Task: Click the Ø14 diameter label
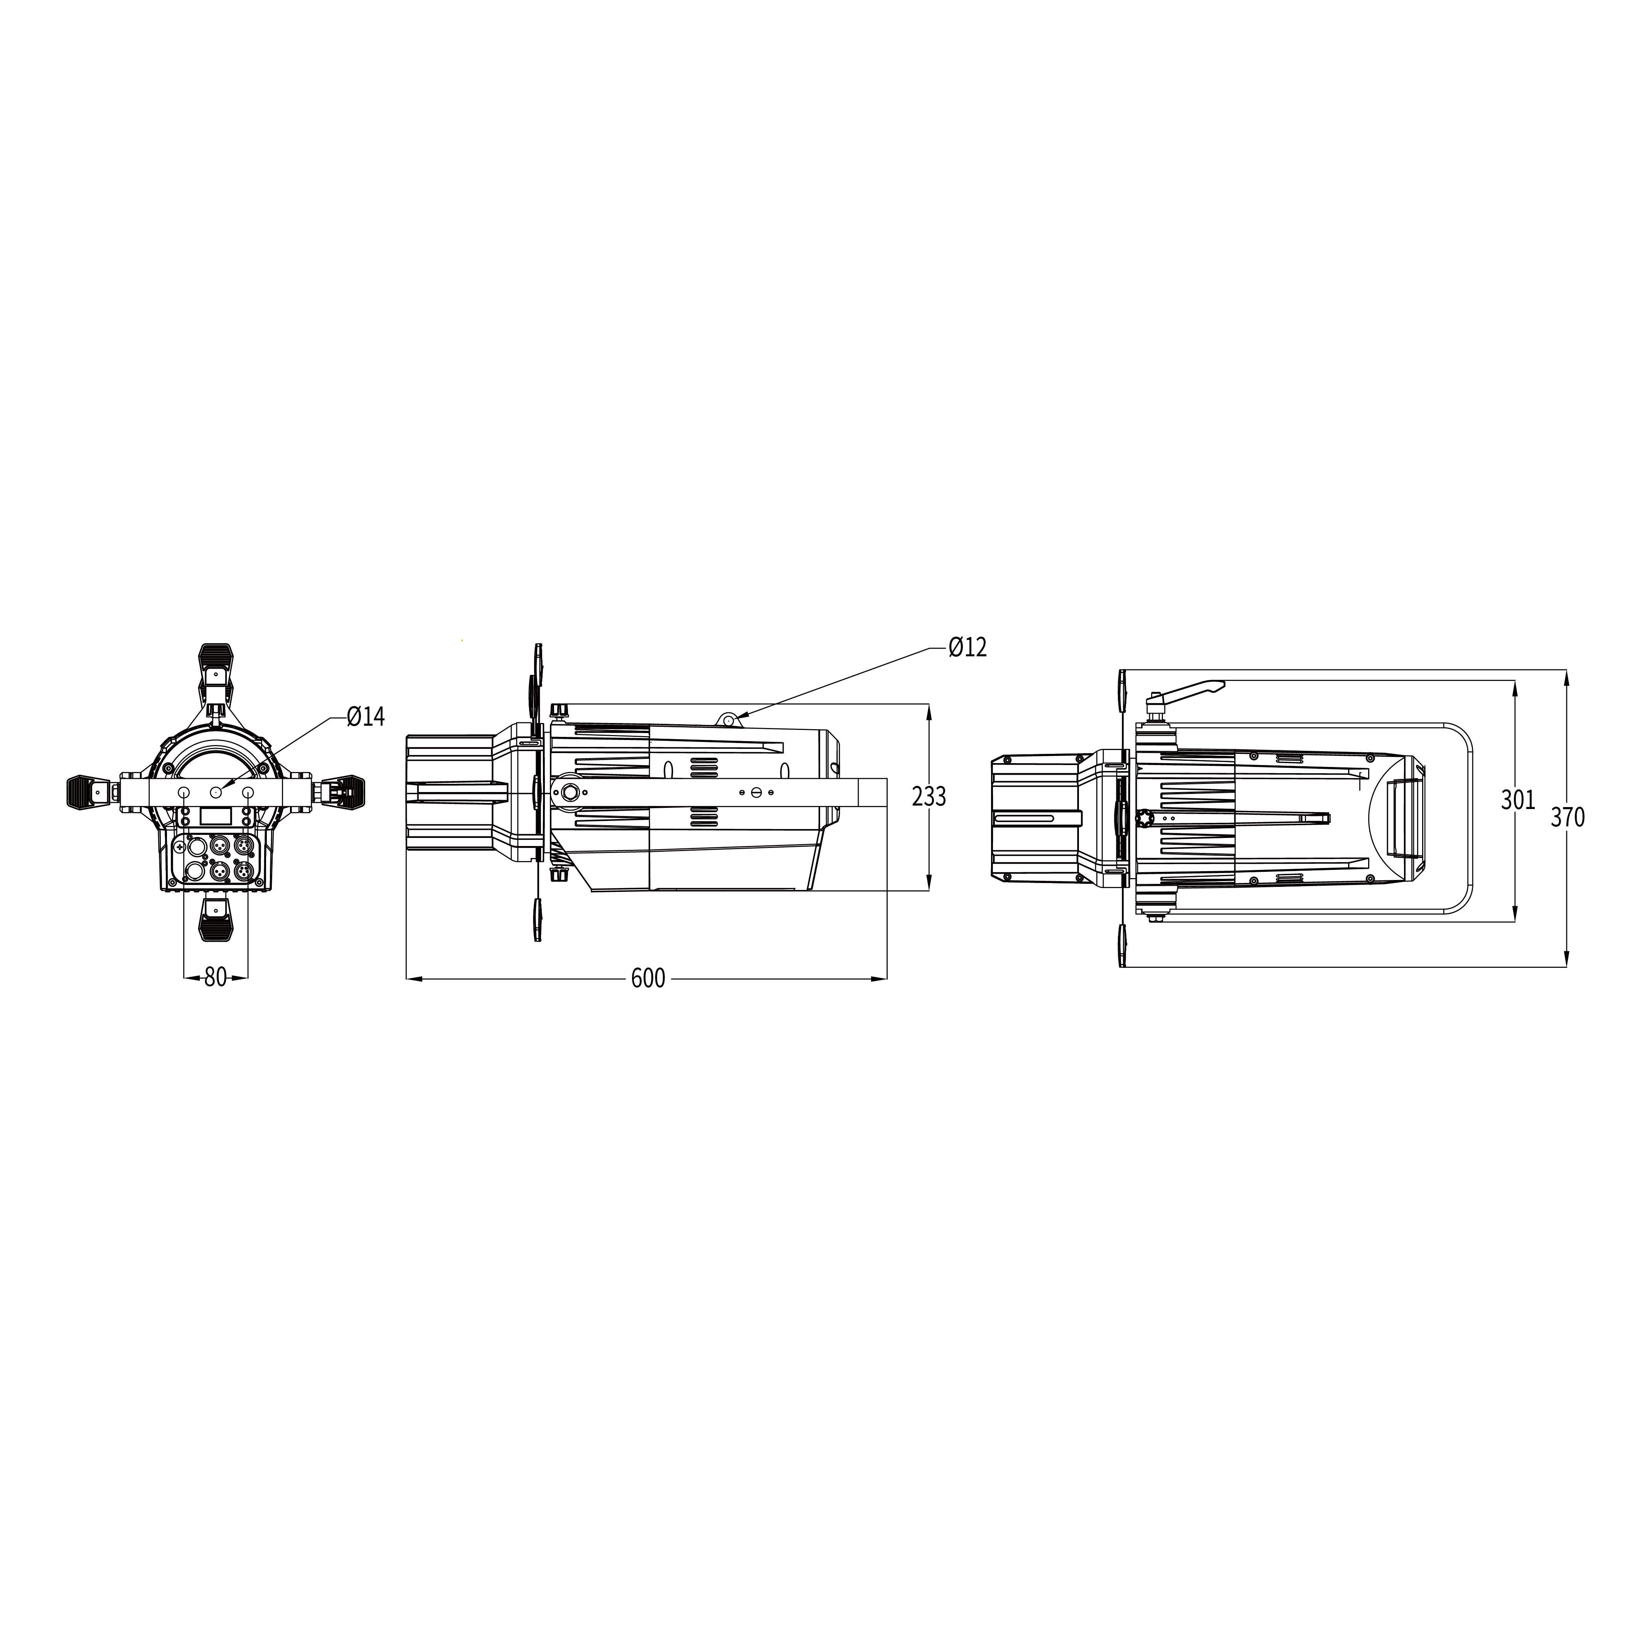click(x=366, y=717)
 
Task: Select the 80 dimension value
click(x=216, y=978)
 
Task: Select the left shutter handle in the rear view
click(x=86, y=792)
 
